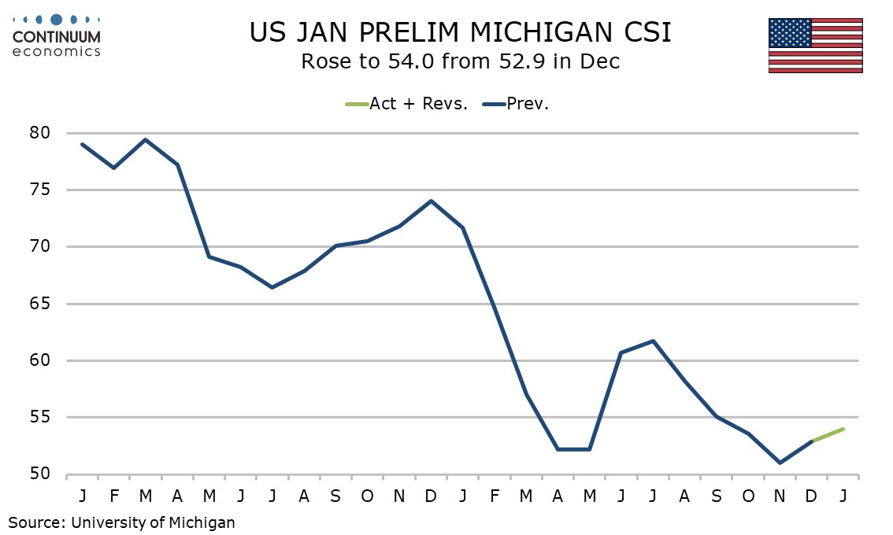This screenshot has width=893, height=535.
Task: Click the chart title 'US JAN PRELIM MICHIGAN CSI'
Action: point(460,32)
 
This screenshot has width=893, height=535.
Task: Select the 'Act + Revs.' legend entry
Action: point(418,103)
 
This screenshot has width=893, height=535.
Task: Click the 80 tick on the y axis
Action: point(40,133)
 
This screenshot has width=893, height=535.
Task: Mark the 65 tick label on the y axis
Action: point(40,304)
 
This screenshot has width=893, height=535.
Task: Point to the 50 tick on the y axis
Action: point(40,474)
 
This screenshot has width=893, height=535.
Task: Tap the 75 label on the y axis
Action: point(40,190)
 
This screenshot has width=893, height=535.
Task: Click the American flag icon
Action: point(815,45)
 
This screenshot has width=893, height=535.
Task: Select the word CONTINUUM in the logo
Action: point(57,37)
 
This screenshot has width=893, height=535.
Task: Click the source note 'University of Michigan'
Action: point(153,522)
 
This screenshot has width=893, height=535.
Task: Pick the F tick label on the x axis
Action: point(114,496)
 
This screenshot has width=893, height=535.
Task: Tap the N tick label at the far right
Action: point(780,496)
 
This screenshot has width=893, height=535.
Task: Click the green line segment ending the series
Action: point(828,435)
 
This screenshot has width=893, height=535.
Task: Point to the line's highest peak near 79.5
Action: point(146,140)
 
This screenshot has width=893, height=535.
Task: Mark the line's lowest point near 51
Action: point(780,463)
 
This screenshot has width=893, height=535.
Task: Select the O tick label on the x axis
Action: point(748,496)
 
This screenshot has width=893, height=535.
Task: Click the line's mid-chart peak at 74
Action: point(432,201)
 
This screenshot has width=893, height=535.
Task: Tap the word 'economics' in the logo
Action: point(57,52)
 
